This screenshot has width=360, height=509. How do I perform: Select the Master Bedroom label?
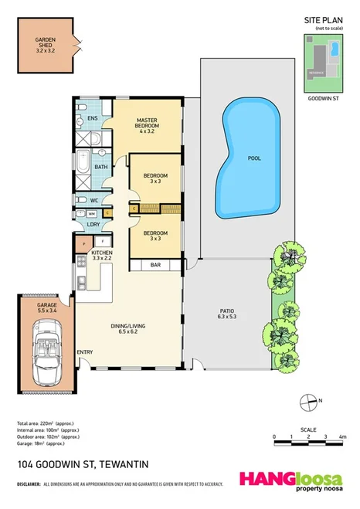147,125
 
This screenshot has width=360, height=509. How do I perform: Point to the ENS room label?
92,118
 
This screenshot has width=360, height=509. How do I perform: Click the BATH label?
101,166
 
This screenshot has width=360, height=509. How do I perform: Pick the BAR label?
155,265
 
